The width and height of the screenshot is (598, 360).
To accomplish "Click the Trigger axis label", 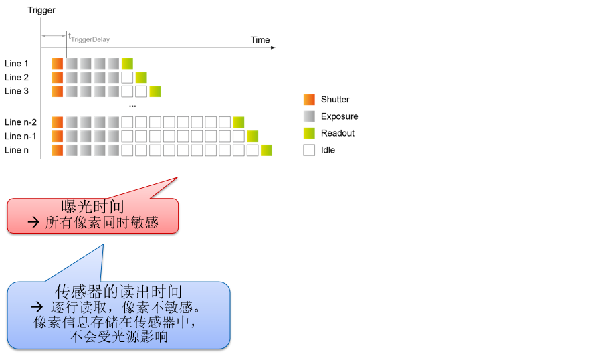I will [x=41, y=10].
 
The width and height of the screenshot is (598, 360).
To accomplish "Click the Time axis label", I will [x=260, y=40].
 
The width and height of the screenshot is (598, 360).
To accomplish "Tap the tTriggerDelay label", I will [x=89, y=39].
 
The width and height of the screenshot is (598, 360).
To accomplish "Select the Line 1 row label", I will [x=17, y=64].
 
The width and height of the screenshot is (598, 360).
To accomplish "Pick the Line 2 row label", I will [x=17, y=78].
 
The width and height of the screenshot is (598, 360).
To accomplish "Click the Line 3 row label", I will [x=17, y=91].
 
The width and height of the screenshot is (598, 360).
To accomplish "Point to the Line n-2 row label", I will [x=21, y=122].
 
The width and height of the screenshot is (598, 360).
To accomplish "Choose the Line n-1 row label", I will [x=21, y=137].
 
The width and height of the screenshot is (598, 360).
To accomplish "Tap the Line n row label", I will [x=17, y=150].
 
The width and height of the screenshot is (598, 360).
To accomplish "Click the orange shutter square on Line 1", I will [x=58, y=64].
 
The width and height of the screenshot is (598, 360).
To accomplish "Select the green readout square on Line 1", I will [x=127, y=64].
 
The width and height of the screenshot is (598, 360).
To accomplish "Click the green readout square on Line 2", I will [x=141, y=78].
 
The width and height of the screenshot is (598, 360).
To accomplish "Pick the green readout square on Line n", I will [x=266, y=150].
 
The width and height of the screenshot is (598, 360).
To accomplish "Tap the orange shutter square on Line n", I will [x=58, y=150].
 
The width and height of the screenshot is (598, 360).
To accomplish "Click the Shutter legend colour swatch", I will [x=309, y=100].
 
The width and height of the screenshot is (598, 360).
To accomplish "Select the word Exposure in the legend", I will [x=339, y=116].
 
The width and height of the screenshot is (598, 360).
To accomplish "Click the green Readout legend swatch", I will [x=309, y=133].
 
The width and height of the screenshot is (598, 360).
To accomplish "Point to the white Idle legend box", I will [x=309, y=150].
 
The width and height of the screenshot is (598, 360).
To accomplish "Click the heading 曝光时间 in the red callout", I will [x=93, y=207].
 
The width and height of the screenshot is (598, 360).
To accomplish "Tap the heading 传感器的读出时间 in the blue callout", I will [x=118, y=292].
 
